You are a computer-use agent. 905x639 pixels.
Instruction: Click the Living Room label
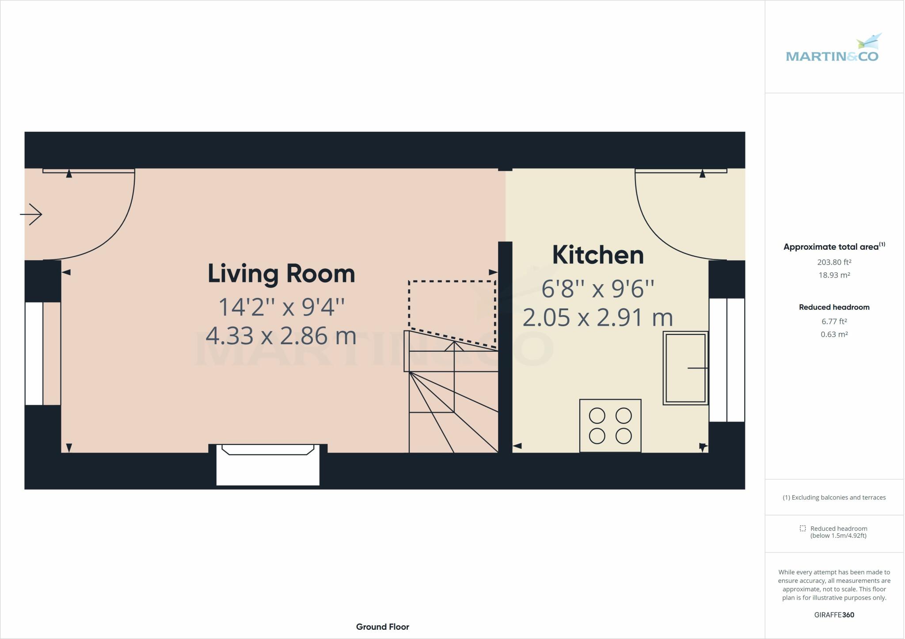pyautogui.click(x=281, y=274)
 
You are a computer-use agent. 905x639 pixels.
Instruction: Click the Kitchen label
pyautogui.click(x=597, y=255)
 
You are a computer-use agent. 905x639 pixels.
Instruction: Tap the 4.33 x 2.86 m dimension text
pyautogui.click(x=281, y=336)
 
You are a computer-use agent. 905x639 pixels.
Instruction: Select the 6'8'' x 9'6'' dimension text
pyautogui.click(x=597, y=289)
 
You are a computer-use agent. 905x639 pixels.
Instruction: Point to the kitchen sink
pyautogui.click(x=685, y=368)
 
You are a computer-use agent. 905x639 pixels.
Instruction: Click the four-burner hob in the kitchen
pyautogui.click(x=610, y=426)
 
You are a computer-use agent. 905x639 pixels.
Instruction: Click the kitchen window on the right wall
pyautogui.click(x=726, y=360)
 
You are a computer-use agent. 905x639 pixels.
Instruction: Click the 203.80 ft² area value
pyautogui.click(x=834, y=262)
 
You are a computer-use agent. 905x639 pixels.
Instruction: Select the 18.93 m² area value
pyautogui.click(x=834, y=275)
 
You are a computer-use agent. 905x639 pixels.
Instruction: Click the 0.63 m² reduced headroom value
pyautogui.click(x=834, y=335)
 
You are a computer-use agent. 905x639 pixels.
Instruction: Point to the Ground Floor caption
pyautogui.click(x=382, y=627)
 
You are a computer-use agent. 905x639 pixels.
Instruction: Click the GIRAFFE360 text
pyautogui.click(x=834, y=615)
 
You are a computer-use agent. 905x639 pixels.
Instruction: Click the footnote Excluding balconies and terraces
pyautogui.click(x=834, y=498)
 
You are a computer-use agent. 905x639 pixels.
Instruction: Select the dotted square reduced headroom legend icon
pyautogui.click(x=802, y=529)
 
